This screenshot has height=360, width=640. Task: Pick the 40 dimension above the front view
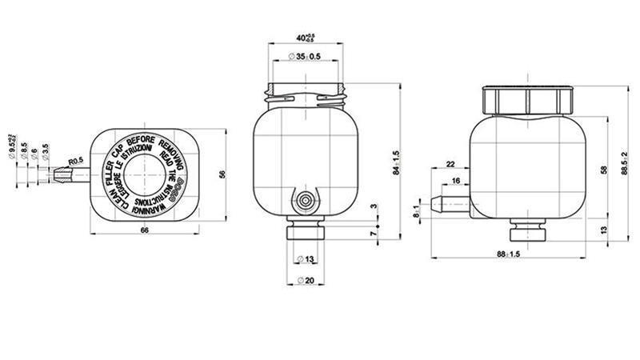pos(305,37)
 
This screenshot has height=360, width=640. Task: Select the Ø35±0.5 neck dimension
pos(303,57)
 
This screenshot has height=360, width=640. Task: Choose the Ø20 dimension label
pos(304,279)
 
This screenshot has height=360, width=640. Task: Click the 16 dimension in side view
pos(455,182)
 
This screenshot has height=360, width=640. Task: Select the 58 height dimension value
pos(602,170)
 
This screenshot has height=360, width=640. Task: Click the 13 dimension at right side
pos(602,230)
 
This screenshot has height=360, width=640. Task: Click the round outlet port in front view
pos(305,200)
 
